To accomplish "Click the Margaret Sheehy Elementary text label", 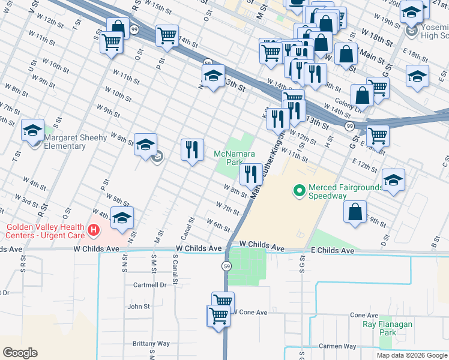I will click(75, 142).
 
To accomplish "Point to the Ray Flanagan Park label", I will click(387, 328).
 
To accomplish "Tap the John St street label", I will click(139, 307).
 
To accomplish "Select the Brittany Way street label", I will click(151, 344).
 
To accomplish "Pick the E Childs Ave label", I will click(328, 249).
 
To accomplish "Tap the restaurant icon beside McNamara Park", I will click(250, 175).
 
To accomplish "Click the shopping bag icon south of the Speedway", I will click(355, 212).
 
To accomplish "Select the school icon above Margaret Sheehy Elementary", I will click(32, 130).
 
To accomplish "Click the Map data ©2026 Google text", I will click(412, 355).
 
